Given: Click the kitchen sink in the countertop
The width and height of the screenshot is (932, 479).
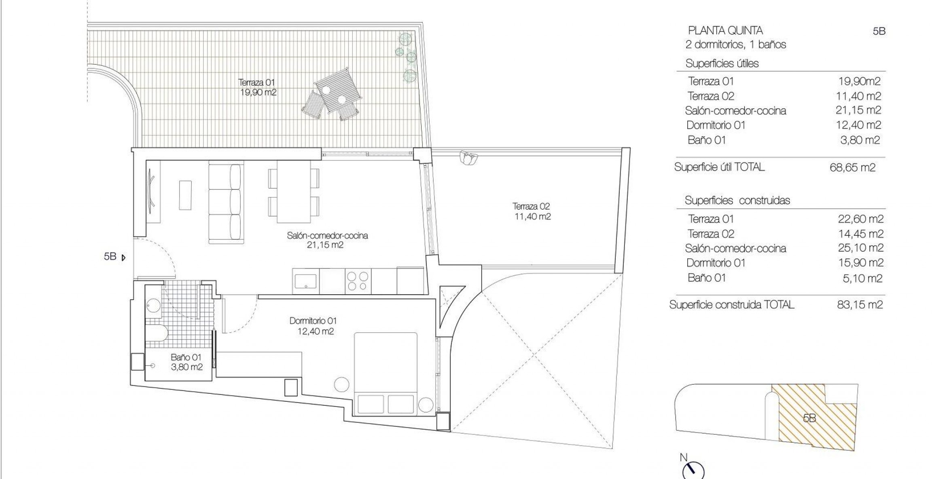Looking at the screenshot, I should (x=305, y=281).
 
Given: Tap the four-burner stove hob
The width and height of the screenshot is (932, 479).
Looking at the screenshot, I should (x=358, y=281).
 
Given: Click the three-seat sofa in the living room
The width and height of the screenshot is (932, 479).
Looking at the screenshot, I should (x=226, y=202).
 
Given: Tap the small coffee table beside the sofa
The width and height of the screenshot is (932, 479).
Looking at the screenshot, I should (x=185, y=195).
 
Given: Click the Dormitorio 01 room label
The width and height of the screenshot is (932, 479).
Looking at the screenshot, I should (x=313, y=321).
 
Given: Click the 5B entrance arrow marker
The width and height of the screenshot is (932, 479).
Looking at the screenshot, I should (x=124, y=257).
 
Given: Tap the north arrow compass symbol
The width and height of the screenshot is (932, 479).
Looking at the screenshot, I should (x=693, y=471).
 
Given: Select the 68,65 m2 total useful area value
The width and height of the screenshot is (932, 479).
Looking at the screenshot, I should (x=852, y=167).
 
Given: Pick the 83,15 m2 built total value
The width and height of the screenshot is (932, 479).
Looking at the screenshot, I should (x=860, y=305).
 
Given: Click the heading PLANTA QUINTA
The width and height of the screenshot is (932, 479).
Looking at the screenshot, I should (x=725, y=30).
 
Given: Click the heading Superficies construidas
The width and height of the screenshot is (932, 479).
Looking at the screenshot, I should (x=737, y=200).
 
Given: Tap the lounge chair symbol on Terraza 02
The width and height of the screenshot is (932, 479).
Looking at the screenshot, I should (x=468, y=157).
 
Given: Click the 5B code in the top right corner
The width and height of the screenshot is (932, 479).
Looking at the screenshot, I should (x=879, y=32).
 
